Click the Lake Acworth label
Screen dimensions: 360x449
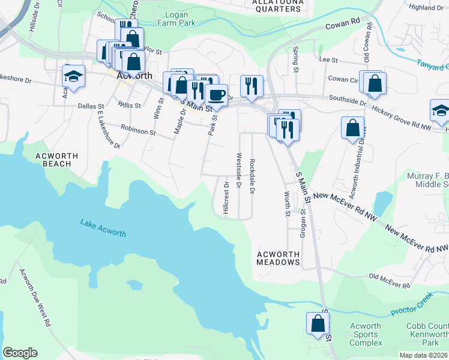pyautogui.click(x=103, y=227)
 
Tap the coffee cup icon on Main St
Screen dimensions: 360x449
pyautogui.click(x=216, y=94)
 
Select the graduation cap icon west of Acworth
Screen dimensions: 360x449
pyautogui.click(x=73, y=76)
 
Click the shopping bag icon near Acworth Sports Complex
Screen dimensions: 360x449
pyautogui.click(x=318, y=323)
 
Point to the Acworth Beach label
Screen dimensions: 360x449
pyautogui.click(x=56, y=160)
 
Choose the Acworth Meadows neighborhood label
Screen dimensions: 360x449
pyautogui.click(x=278, y=258)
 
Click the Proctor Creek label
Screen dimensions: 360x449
pyautogui.click(x=411, y=305)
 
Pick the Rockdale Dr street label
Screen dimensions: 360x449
pyautogui.click(x=252, y=176)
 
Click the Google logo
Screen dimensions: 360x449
pyautogui.click(x=20, y=353)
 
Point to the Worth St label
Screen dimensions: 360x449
pyautogui.click(x=287, y=203)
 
